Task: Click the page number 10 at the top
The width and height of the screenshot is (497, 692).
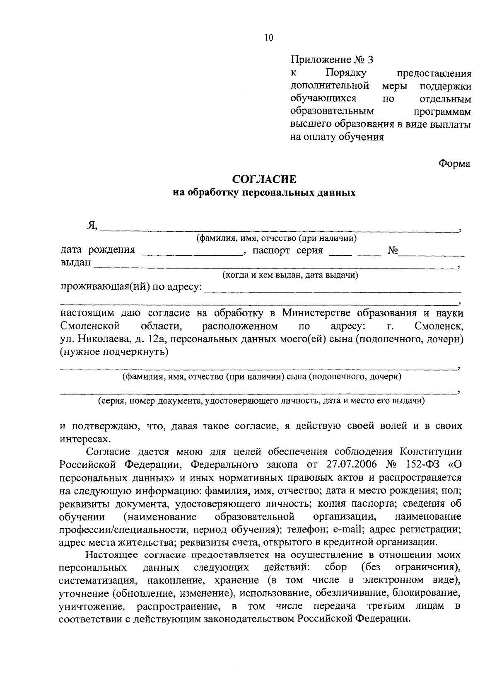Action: tap(268, 39)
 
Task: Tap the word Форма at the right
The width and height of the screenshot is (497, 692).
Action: tap(454, 164)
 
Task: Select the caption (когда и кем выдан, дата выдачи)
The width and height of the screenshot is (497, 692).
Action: tap(290, 275)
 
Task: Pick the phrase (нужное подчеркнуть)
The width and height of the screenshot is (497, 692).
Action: tap(114, 352)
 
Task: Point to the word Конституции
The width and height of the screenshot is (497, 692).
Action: tap(431, 451)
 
